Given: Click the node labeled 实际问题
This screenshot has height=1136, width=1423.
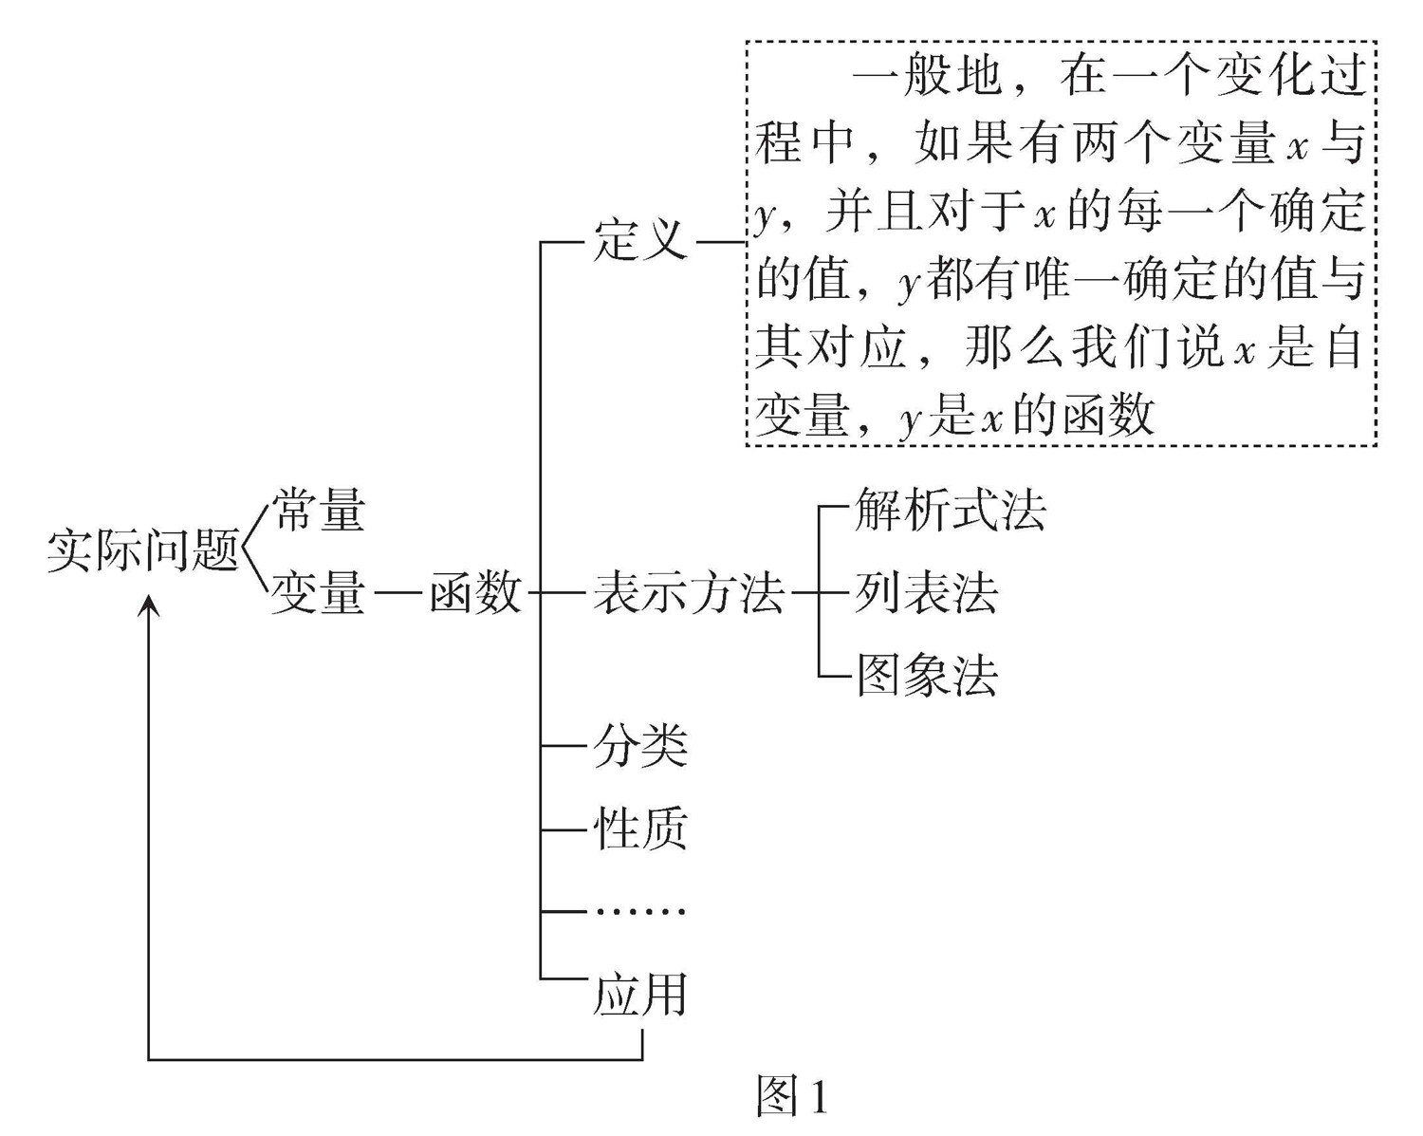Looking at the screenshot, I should (142, 550).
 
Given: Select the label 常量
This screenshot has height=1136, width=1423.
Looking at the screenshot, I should (319, 510).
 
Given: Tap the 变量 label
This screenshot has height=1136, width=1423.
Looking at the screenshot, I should (319, 593).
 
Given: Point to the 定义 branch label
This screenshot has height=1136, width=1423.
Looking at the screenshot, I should (640, 240).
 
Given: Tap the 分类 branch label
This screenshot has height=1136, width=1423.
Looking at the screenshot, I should (640, 746).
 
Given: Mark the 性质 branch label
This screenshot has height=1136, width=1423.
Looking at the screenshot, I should (640, 829).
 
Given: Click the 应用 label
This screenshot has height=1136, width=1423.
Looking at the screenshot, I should (640, 995).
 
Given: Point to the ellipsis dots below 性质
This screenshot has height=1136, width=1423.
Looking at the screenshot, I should (640, 912).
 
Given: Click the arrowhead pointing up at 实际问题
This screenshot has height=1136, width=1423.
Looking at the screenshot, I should (149, 605).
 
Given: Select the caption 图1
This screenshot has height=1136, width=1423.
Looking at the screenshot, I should (792, 1097).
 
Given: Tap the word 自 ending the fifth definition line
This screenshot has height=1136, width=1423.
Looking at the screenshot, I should (1343, 348).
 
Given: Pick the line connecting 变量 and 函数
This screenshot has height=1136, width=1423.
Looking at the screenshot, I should (397, 594).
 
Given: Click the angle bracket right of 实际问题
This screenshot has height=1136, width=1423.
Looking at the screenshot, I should (252, 550).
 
